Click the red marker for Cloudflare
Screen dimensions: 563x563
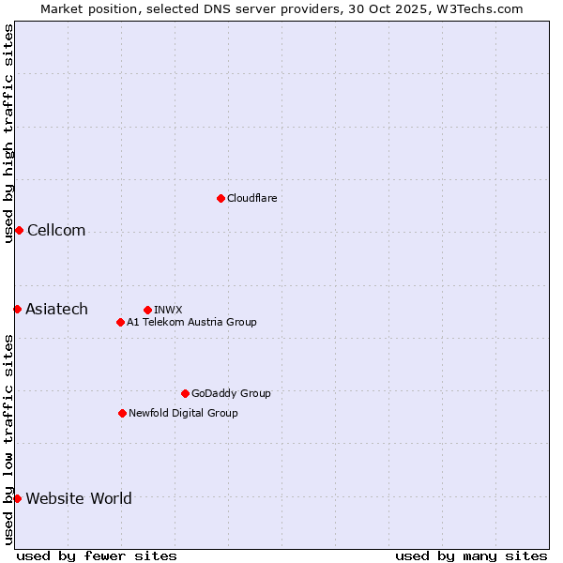221,198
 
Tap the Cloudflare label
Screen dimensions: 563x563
251,198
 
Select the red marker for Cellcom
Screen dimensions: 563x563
19,231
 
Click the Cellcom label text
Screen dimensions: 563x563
56,231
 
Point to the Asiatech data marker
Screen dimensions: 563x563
17,309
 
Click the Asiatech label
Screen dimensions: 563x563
56,309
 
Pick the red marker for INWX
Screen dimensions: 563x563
147,310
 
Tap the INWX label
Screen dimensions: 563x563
168,310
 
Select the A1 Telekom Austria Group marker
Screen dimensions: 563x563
120,322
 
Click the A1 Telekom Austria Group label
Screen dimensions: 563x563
191,322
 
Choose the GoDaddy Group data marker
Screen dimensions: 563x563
185,393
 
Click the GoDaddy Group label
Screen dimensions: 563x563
231,393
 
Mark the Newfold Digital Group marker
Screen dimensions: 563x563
122,413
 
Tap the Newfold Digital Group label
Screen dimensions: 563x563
183,413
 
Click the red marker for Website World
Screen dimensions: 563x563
17,498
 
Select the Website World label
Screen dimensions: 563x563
79,498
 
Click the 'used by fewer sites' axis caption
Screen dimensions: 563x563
97,555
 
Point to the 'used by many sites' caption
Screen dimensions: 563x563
471,555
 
